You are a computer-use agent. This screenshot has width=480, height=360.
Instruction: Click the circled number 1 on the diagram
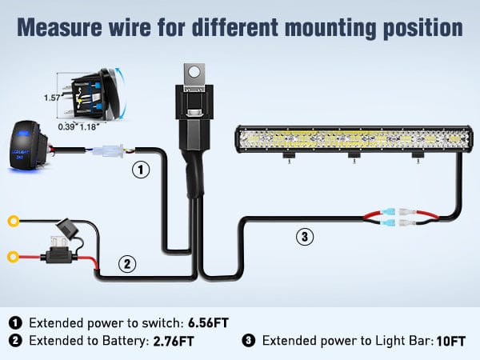pyautogui.click(x=141, y=170)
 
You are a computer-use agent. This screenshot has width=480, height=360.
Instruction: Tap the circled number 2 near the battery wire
pyautogui.click(x=127, y=263)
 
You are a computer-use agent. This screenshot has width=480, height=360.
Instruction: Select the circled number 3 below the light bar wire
pyautogui.click(x=305, y=237)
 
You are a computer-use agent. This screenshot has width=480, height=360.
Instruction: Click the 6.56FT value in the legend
pyautogui.click(x=208, y=323)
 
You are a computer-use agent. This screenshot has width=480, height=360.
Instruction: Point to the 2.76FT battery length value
pyautogui.click(x=174, y=341)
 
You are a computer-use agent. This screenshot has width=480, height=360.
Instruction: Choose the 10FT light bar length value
pyautogui.click(x=451, y=341)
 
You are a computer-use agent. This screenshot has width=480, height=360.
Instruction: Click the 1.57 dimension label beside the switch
pyautogui.click(x=52, y=98)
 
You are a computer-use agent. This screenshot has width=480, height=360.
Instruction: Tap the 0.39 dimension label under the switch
pyautogui.click(x=66, y=126)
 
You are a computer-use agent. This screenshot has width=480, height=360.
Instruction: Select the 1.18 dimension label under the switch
pyautogui.click(x=88, y=126)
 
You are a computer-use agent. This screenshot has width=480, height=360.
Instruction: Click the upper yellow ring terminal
pyautogui.click(x=13, y=221)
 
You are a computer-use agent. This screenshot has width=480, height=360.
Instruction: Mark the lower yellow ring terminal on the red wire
pyautogui.click(x=13, y=257)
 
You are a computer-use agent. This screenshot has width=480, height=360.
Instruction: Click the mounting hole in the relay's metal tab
pyautogui.click(x=194, y=72)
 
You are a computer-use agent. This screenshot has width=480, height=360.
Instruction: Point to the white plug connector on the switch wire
pyautogui.click(x=109, y=151)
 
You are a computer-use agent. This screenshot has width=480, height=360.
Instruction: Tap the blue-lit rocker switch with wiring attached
pyautogui.click(x=28, y=146)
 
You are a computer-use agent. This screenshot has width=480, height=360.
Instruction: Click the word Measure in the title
pyautogui.click(x=59, y=27)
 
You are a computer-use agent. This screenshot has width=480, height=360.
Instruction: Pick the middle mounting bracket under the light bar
pyautogui.click(x=354, y=156)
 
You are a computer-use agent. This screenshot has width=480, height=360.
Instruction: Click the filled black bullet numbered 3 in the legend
pyautogui.click(x=248, y=341)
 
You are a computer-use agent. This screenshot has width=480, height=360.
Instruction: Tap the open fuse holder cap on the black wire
pyautogui.click(x=66, y=226)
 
